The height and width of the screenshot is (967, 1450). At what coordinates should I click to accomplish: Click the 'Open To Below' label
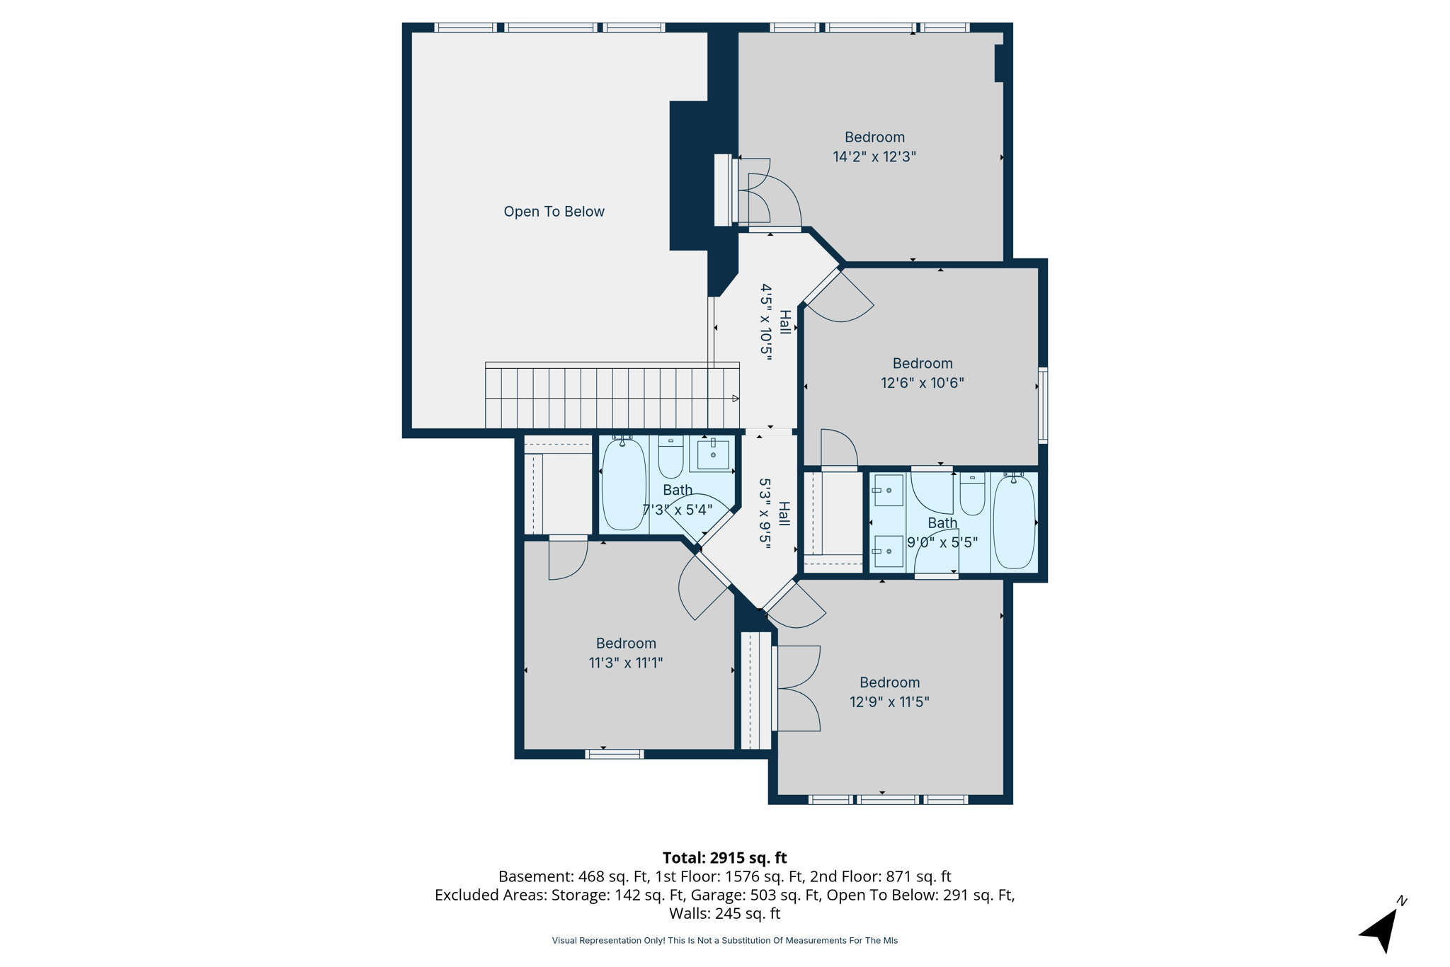554,212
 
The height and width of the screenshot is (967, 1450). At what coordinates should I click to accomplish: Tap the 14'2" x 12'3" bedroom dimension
874,157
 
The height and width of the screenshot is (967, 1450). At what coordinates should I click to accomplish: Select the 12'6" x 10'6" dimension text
922,383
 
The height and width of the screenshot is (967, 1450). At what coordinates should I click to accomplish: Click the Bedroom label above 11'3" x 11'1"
626,643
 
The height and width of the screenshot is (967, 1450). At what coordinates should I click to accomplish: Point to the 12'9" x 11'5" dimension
889,702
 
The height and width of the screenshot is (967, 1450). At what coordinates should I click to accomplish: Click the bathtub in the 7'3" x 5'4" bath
624,485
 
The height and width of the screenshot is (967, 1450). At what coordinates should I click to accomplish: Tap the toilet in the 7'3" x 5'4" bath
670,459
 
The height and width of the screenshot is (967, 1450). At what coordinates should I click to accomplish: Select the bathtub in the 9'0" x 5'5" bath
1014,522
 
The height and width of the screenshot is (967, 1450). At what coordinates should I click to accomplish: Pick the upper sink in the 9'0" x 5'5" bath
888,490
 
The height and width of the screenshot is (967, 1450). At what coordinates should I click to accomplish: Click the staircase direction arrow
736,399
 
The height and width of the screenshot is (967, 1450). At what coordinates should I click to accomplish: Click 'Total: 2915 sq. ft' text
724,858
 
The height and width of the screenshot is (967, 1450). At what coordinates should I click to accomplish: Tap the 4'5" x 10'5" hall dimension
766,322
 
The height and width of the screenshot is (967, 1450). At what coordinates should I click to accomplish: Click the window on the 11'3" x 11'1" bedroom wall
614,754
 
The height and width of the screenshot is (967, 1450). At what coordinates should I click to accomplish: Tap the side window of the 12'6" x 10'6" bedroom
1043,405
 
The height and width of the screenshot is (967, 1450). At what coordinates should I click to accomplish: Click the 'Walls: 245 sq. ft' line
724,913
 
